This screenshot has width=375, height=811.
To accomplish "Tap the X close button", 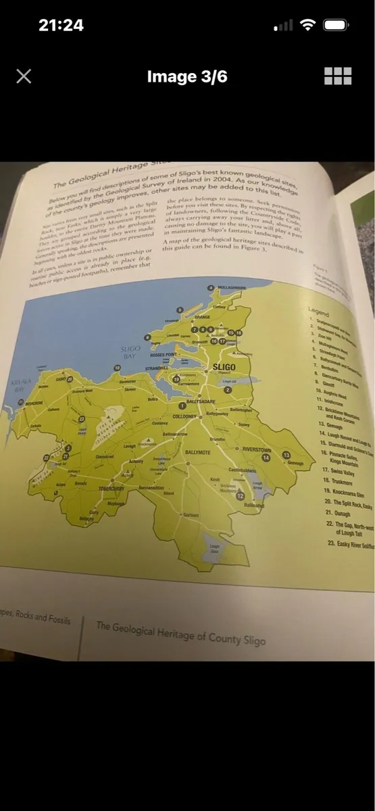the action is click(24, 76).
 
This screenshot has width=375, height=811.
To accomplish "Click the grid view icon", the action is click(338, 76).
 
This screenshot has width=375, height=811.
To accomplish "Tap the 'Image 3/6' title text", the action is click(186, 76).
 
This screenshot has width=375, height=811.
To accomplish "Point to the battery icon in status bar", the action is click(336, 26).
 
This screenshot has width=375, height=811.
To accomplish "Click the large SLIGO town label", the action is click(224, 367).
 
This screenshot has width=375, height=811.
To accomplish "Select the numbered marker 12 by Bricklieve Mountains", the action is click(240, 495).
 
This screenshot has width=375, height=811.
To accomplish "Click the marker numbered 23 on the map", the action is click(82, 420).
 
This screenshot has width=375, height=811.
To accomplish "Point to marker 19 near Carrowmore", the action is click(176, 380).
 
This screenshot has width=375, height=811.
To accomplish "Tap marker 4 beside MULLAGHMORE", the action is click(209, 288).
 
